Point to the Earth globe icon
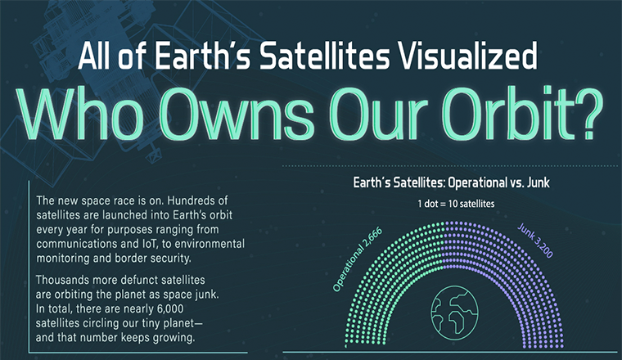[454, 313]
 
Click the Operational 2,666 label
[357, 259]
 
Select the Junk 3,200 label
[535, 241]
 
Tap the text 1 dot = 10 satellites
[456, 204]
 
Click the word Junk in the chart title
[538, 182]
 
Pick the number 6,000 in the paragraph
[170, 308]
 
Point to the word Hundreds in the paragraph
[197, 200]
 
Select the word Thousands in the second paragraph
[62, 280]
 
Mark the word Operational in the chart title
[477, 182]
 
